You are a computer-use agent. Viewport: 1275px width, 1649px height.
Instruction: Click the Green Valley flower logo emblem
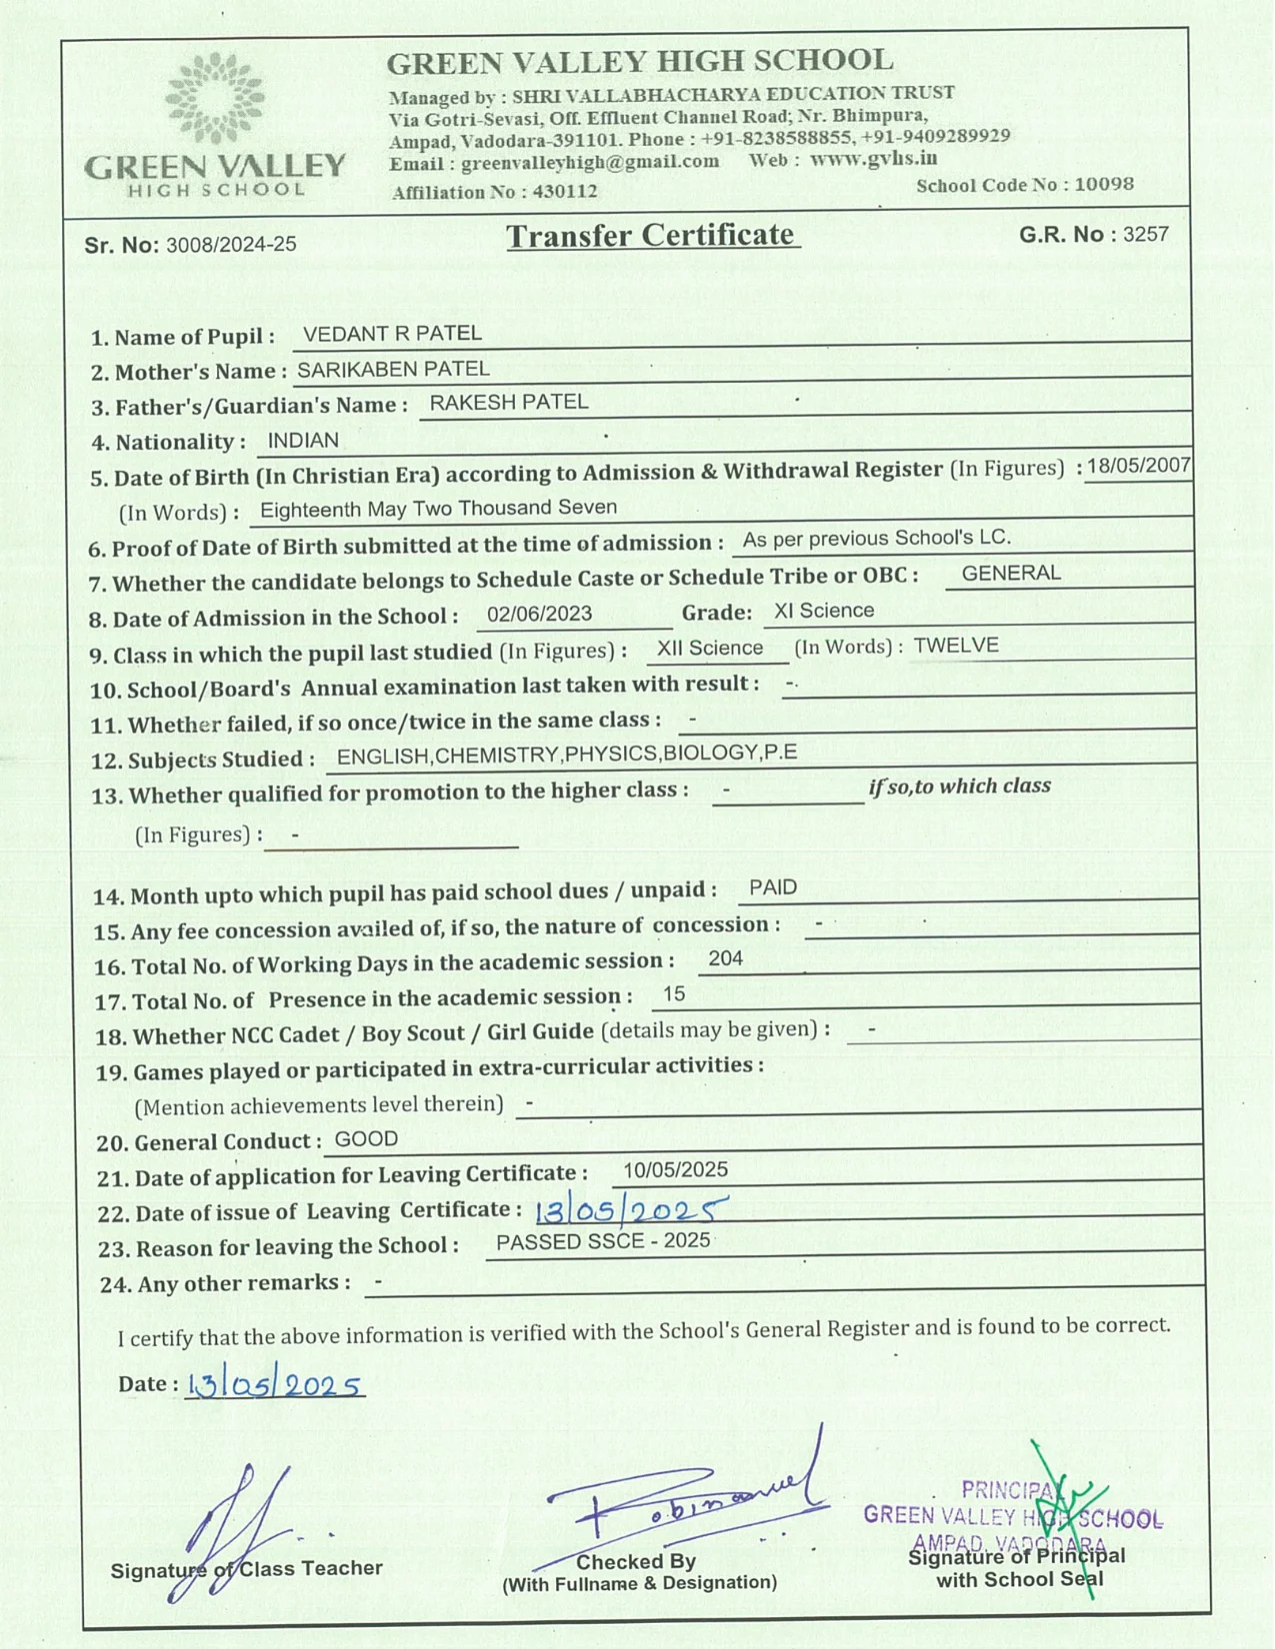coord(214,99)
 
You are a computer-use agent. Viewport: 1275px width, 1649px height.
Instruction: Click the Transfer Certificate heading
coord(651,236)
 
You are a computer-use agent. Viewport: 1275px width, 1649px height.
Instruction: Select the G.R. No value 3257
coord(1145,234)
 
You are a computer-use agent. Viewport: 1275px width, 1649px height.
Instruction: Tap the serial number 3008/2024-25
coord(231,245)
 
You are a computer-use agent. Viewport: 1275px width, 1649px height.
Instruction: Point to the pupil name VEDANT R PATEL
coord(392,334)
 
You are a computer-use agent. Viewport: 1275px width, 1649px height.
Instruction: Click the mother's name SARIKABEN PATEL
coord(393,369)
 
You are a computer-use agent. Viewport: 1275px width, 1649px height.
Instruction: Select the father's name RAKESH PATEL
coord(509,402)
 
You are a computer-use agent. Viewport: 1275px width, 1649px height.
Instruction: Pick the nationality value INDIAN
coord(303,441)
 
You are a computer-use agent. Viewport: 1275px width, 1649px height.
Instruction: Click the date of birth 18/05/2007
coord(1139,466)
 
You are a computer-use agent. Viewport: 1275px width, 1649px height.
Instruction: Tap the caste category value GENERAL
coord(1011,574)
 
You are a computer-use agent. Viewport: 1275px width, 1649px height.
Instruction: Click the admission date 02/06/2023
coord(539,614)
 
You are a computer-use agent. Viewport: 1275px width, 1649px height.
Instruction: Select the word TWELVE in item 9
coord(956,646)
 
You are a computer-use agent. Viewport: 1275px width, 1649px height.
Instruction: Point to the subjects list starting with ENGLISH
coord(567,755)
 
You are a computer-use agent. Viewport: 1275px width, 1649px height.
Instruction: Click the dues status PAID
coord(773,887)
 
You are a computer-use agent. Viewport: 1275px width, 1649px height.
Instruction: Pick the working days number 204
coord(725,958)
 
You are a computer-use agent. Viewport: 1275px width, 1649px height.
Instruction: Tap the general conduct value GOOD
coord(366,1139)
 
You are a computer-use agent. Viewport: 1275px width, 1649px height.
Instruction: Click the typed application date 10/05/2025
coord(675,1170)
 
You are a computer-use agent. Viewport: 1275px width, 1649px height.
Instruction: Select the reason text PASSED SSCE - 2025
coord(603,1241)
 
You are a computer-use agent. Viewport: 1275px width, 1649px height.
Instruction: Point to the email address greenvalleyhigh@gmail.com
coord(590,162)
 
